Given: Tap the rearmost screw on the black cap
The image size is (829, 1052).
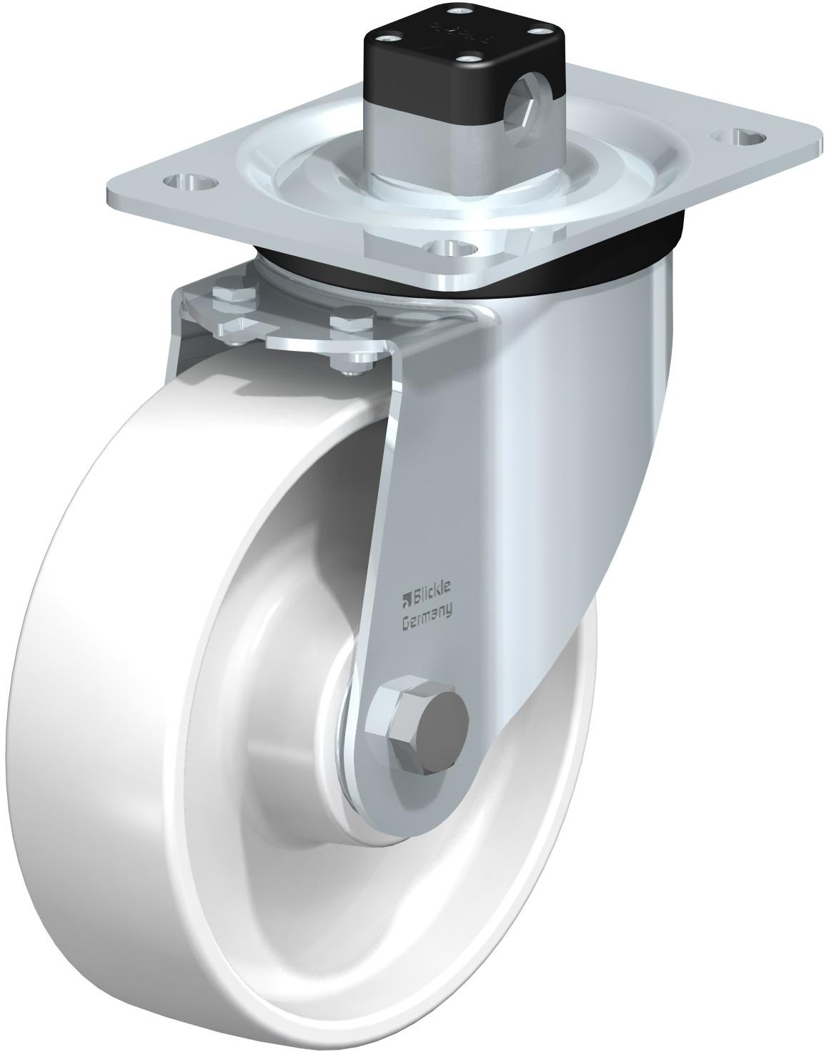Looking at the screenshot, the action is [x=457, y=9].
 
